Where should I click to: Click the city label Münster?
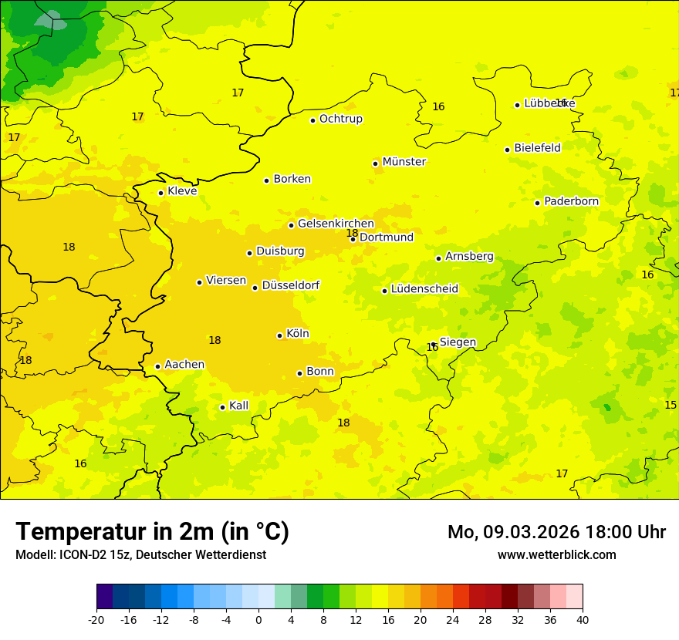click(x=404, y=162)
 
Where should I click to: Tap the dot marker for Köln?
click(x=279, y=335)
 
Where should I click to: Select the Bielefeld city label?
click(x=537, y=147)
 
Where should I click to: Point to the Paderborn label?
click(x=571, y=201)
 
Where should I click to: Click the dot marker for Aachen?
click(x=157, y=366)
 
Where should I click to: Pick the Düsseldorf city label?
click(x=291, y=285)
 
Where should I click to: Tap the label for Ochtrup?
click(x=341, y=119)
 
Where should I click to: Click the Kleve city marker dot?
click(x=160, y=193)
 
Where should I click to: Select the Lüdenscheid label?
click(x=424, y=289)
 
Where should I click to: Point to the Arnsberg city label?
click(x=469, y=256)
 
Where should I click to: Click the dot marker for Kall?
click(x=222, y=407)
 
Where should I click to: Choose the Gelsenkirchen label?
click(x=336, y=224)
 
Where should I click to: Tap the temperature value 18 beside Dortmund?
click(x=352, y=233)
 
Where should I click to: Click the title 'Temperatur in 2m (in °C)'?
click(x=152, y=531)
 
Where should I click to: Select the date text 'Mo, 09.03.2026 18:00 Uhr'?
click(x=556, y=532)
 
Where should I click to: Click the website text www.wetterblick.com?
click(x=556, y=554)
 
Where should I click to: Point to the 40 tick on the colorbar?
click(x=583, y=619)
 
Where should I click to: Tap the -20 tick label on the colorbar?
click(x=96, y=619)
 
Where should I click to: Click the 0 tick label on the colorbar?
click(x=258, y=619)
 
